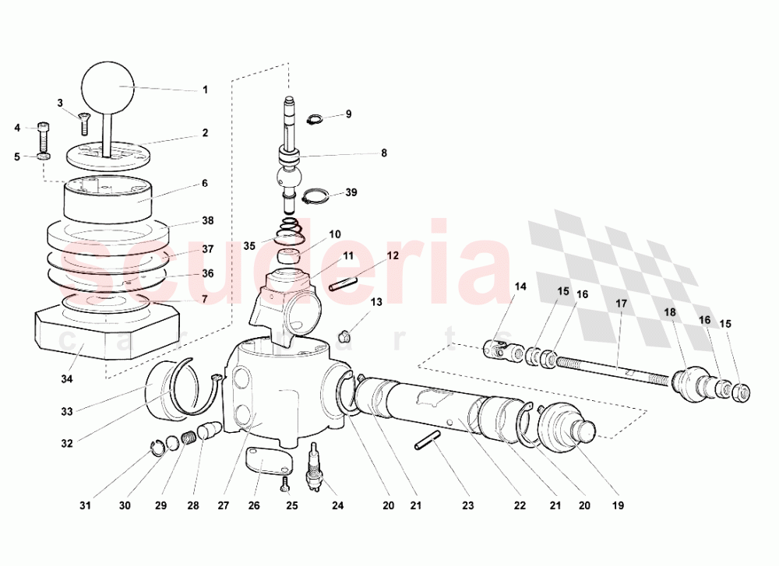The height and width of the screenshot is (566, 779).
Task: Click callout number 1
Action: [x=205, y=90]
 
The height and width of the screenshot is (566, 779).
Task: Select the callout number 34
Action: [x=66, y=379]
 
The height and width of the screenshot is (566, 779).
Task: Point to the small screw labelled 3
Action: [x=84, y=121]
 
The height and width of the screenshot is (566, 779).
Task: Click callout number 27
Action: [x=224, y=505]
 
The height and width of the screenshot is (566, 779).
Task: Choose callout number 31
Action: [x=86, y=505]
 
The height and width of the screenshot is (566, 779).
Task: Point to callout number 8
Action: [x=383, y=153]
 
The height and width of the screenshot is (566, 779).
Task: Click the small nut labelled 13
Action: [x=346, y=337]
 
